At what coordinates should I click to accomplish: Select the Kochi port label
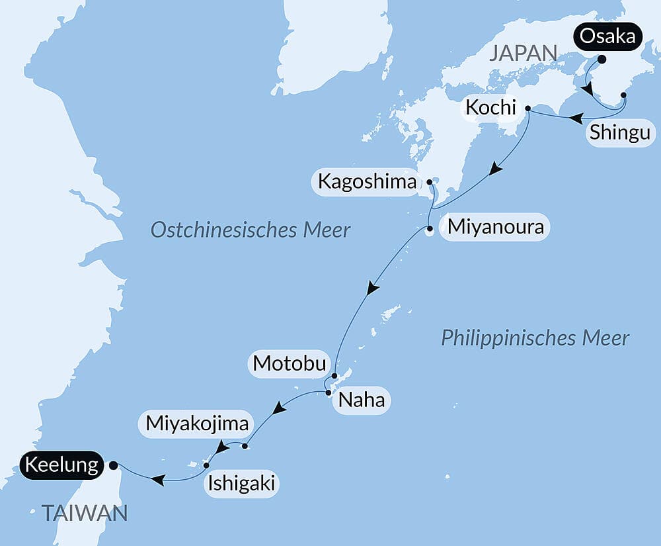pos(490,107)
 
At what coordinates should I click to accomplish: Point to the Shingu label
pos(619,132)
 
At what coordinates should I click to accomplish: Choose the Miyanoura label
pos(495,228)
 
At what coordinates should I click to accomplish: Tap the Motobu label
pos(290,363)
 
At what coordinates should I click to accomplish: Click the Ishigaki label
pos(241,484)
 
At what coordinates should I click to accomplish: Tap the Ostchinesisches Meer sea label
pos(250,230)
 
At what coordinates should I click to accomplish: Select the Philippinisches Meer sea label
pos(535,338)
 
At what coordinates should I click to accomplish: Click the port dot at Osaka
pos(602,59)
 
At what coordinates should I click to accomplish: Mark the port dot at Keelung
pos(113,465)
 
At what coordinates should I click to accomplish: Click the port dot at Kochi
pos(527,108)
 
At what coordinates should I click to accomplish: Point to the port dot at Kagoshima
pos(430,181)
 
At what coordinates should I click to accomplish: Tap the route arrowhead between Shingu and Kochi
pos(576,118)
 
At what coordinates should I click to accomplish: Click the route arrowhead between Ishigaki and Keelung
pos(157,478)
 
